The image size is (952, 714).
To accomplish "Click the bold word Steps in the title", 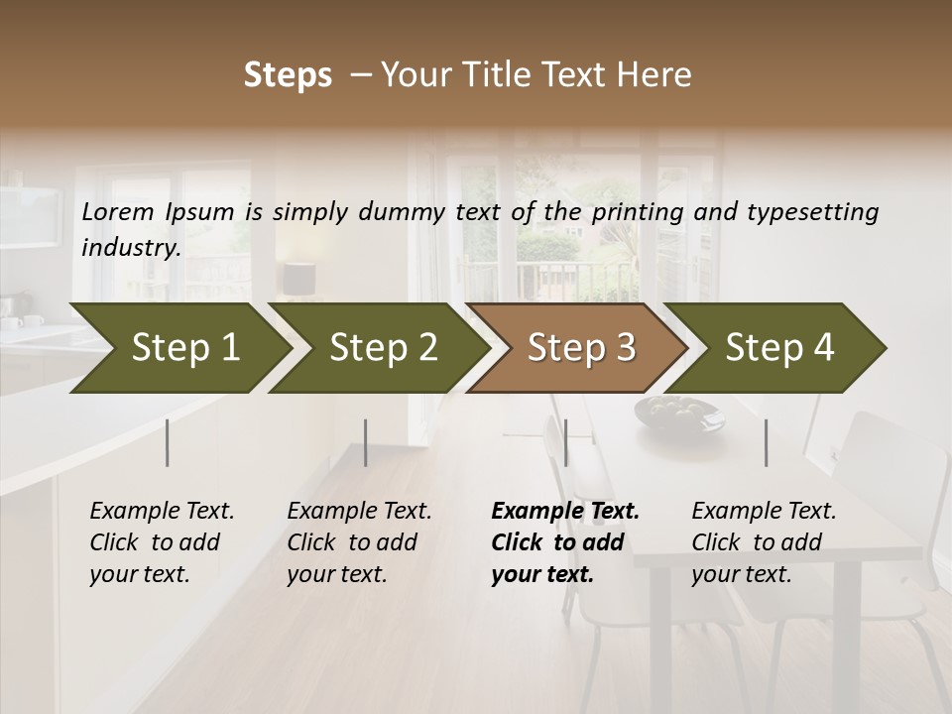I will point(288,75).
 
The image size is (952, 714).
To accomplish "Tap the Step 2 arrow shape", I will point(377,348).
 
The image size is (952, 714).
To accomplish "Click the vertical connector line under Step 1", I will point(168,442).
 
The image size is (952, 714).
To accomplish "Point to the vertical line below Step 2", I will point(366,442).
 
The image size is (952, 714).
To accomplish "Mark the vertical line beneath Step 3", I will point(565,442).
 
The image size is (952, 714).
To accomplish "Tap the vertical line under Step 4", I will point(766,442).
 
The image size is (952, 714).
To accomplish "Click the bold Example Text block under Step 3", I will point(565,542).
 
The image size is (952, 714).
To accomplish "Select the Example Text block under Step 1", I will point(162,542).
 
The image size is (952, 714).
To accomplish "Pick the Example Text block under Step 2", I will point(359,542).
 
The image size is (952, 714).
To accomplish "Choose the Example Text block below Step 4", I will point(764,542).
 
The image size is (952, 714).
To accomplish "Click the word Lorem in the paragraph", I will point(118,211).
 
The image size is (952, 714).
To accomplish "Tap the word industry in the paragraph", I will point(131,247).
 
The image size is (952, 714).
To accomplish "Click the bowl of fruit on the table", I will point(680,410).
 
